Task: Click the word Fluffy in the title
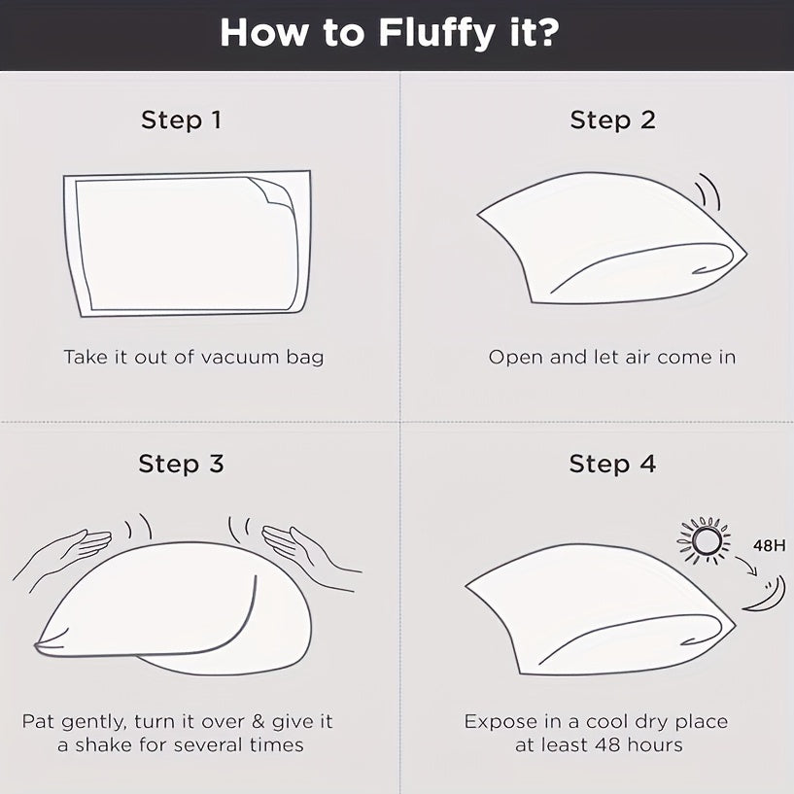click(x=436, y=33)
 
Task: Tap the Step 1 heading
click(x=181, y=121)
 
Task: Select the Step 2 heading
click(x=612, y=121)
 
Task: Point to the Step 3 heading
click(x=181, y=464)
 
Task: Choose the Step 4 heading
click(x=612, y=464)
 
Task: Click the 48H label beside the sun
click(x=769, y=546)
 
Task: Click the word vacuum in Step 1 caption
click(x=240, y=358)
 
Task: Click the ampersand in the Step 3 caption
click(x=259, y=721)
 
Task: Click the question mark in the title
click(x=546, y=33)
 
